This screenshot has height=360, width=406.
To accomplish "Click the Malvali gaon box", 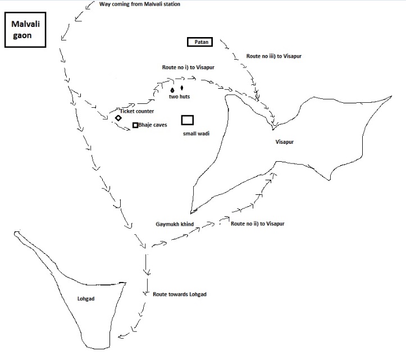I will coord(24,32).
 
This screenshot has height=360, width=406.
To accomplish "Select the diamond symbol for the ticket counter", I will coord(118,118).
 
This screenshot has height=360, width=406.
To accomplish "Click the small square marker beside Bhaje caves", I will coord(135,125).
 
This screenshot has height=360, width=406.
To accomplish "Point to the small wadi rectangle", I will coord(188,120).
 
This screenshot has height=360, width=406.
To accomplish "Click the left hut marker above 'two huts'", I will coord(172,89).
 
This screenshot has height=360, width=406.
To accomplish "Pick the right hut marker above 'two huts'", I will coord(182,88).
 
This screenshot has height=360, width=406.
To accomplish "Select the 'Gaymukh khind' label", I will coord(175,224).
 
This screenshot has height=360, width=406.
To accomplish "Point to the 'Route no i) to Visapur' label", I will coord(188,67).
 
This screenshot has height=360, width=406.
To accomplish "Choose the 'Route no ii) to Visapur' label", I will coord(258,224).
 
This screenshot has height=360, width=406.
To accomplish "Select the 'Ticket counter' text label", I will coord(136,111).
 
